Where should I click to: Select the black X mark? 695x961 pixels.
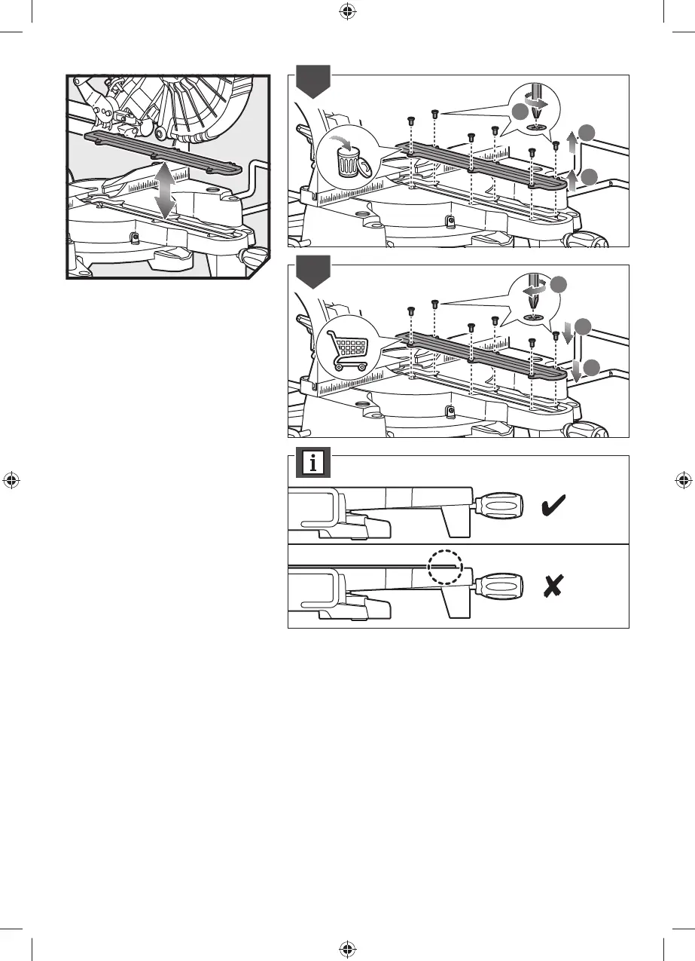click(554, 585)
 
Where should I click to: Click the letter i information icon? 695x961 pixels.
click(312, 462)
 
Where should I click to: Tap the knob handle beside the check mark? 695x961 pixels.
click(497, 503)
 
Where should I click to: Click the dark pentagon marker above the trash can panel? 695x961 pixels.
click(312, 82)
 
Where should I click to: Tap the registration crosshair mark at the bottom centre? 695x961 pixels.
click(347, 948)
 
